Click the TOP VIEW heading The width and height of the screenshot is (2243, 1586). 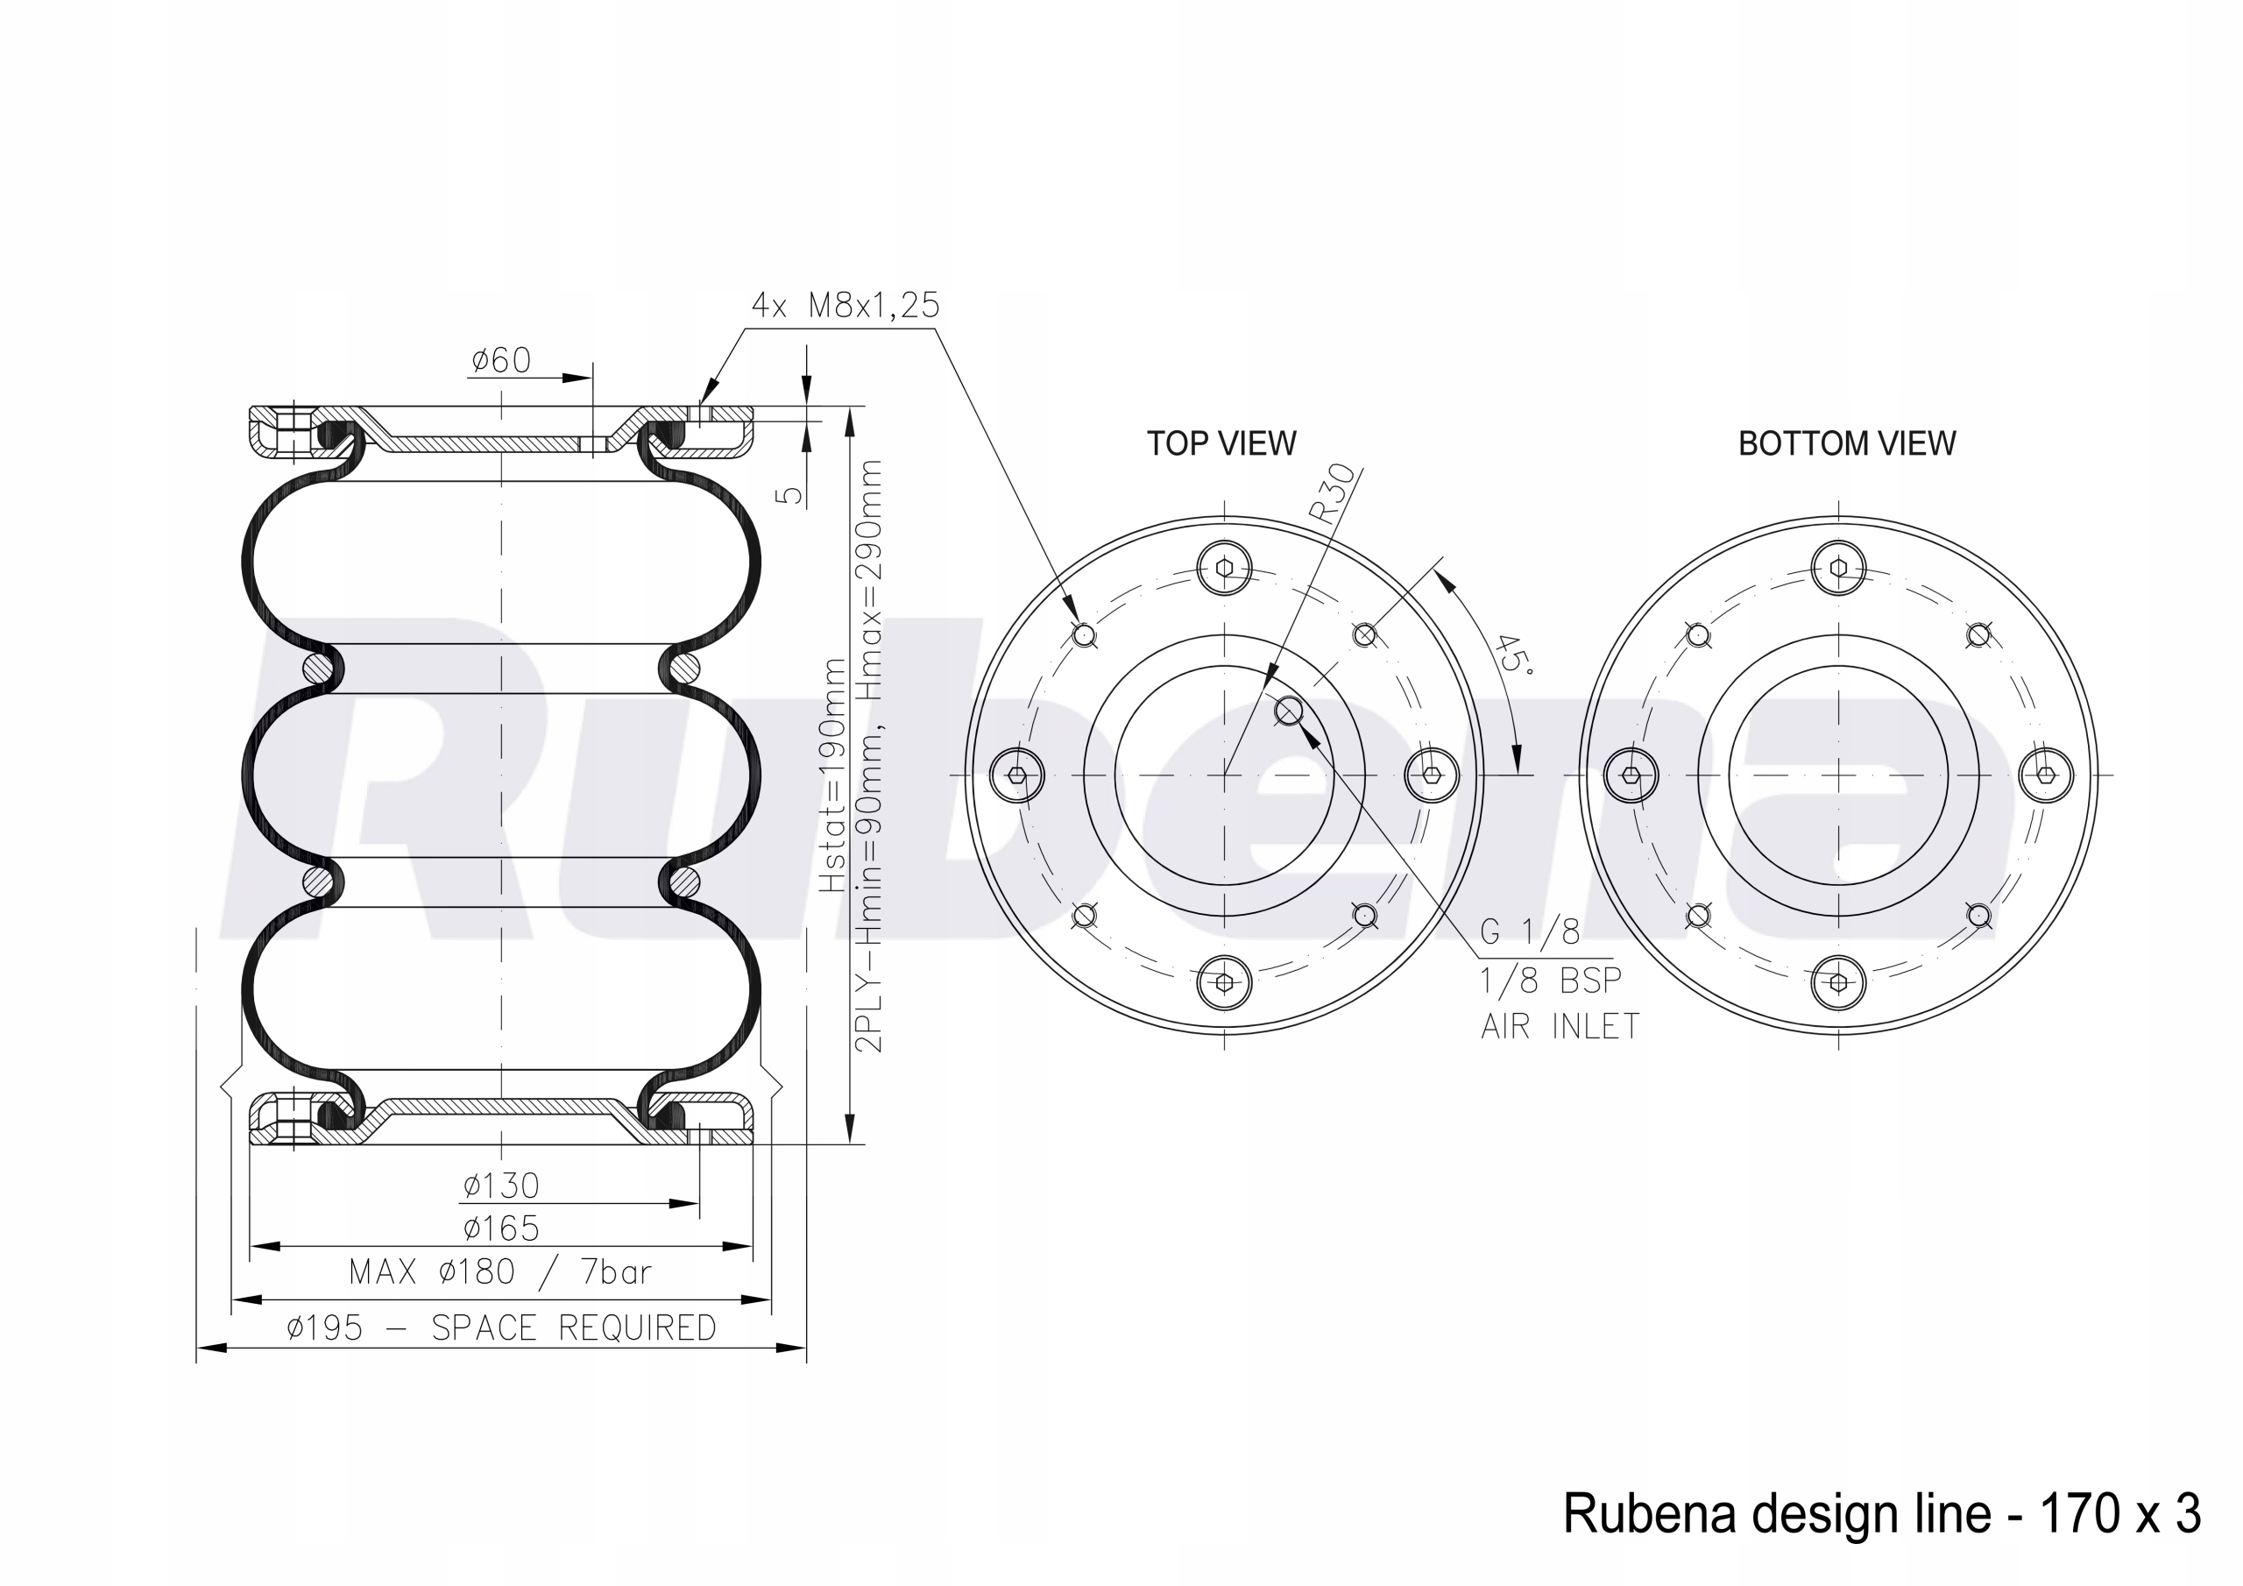point(1221,443)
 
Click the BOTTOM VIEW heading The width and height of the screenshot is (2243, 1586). point(1846,443)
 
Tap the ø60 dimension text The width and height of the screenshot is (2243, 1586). point(501,362)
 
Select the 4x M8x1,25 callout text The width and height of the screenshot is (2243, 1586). point(845,306)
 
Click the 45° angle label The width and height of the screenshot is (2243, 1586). point(1513,653)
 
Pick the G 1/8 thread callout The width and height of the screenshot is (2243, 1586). point(1530,932)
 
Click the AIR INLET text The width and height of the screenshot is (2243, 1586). point(1560,1026)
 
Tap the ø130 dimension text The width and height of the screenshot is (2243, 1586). point(501,1186)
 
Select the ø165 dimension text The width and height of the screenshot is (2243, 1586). point(501,1228)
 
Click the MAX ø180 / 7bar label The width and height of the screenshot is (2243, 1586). point(500,1271)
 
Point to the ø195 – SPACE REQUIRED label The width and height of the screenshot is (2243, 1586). point(501,1328)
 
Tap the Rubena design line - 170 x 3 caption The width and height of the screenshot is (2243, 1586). point(1881,1513)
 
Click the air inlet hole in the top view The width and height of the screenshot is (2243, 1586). point(1289,712)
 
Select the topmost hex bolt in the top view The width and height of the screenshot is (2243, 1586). point(1225,567)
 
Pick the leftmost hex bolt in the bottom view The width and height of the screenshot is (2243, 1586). point(1631,775)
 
